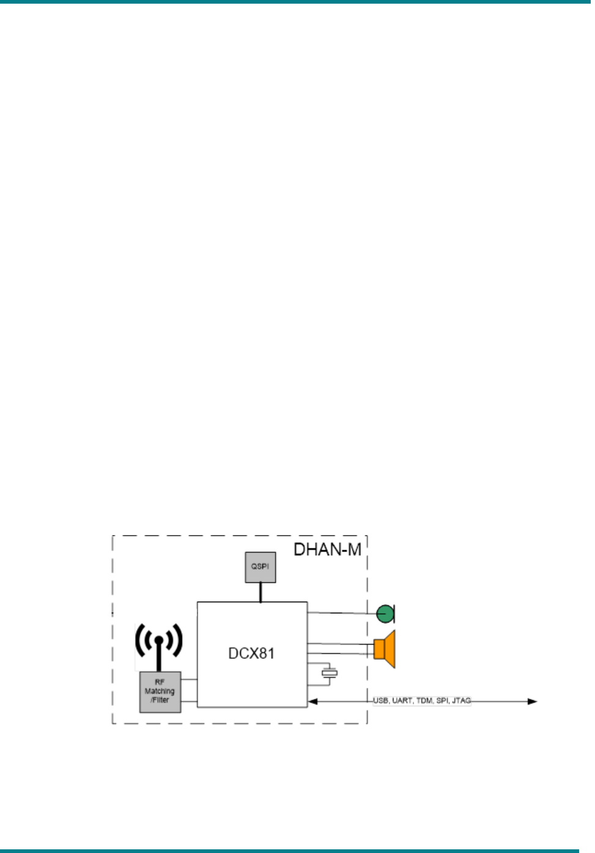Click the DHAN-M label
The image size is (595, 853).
coord(327,550)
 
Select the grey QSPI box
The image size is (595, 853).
coord(260,567)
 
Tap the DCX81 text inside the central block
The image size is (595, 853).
coord(251,653)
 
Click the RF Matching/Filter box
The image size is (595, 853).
coord(160,692)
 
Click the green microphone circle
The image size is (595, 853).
coord(385,613)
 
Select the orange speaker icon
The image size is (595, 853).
coord(385,649)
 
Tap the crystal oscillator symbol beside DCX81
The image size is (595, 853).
coord(330,673)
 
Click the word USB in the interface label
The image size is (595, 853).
coord(381,700)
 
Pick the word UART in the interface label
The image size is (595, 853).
coord(402,700)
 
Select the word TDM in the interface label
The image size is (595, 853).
coord(424,700)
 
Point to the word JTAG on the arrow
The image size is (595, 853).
coord(462,700)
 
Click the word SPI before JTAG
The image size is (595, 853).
coord(442,700)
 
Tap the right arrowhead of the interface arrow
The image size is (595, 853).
coord(533,701)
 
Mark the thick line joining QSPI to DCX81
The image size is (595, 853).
coord(261,592)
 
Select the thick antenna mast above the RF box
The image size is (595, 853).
coord(158,659)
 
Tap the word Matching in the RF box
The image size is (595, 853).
coord(160,691)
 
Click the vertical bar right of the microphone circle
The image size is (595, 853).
coord(394,613)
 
